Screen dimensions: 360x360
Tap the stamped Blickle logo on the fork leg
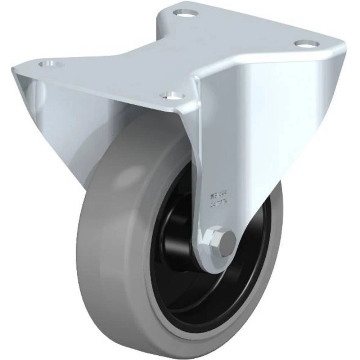216,197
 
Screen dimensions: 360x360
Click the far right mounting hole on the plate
307,43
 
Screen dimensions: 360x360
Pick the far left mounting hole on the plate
50,65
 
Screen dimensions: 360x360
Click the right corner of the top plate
342,47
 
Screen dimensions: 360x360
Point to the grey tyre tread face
104,252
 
